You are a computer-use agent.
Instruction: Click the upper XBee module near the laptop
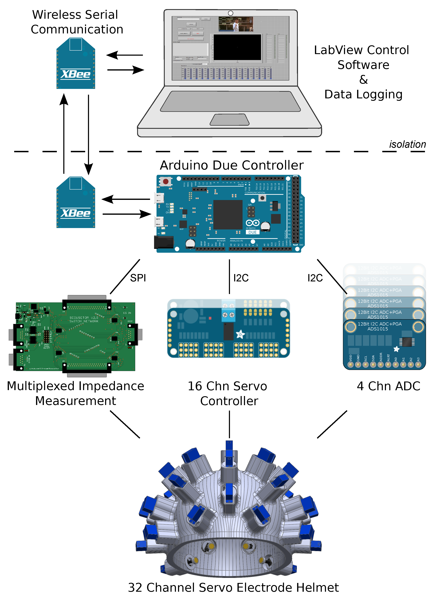click(76, 63)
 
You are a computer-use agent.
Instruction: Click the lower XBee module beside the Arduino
click(76, 202)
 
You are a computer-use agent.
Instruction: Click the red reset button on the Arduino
click(165, 181)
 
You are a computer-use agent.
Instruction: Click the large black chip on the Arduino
click(228, 215)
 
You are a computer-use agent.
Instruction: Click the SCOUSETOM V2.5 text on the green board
click(84, 318)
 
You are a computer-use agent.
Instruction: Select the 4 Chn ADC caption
click(388, 386)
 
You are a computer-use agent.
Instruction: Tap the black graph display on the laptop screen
click(237, 47)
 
